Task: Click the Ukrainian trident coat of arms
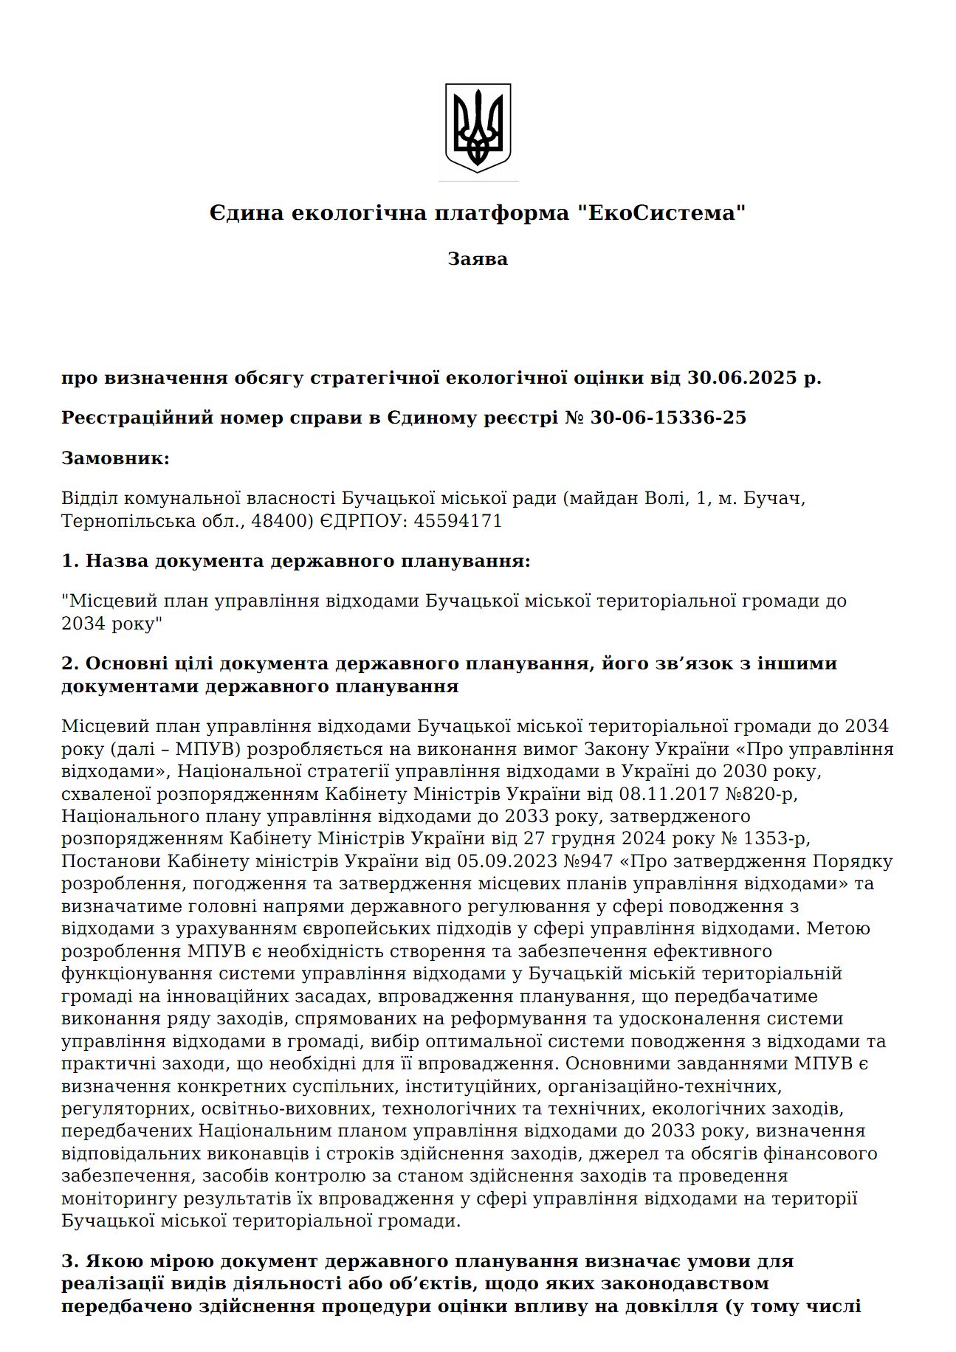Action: tap(478, 128)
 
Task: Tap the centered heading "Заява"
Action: tap(478, 259)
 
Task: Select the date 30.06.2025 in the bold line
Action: tap(743, 378)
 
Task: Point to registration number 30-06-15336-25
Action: tap(668, 418)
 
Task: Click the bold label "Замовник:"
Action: tap(115, 458)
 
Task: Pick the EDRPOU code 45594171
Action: tap(458, 521)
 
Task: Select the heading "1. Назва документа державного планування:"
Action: tap(295, 561)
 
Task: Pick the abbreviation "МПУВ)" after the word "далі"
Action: tap(209, 749)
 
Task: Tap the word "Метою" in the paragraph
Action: tap(838, 928)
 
